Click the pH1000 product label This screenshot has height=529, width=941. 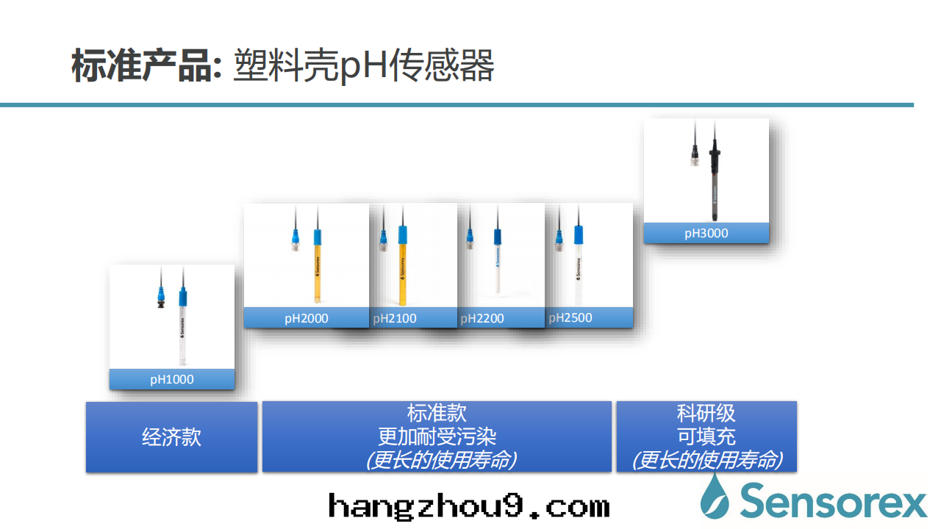pos(172,380)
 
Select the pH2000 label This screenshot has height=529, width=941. pos(307,318)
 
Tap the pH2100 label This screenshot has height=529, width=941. pos(395,318)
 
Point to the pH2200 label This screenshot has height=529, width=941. pos(482,318)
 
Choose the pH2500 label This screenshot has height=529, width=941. pos(570,317)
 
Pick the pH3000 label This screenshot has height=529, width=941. pos(706,234)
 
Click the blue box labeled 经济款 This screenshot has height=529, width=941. pos(171,437)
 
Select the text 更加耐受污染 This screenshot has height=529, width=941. pos(437,437)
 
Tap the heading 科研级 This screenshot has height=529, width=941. pos(706,414)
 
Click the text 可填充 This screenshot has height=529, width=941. pos(706,436)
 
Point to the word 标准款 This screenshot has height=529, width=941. pos(437,413)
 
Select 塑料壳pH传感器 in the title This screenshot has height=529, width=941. pos(363,66)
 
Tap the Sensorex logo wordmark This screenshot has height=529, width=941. pos(833,501)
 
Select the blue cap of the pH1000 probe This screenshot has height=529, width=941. pos(183,298)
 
